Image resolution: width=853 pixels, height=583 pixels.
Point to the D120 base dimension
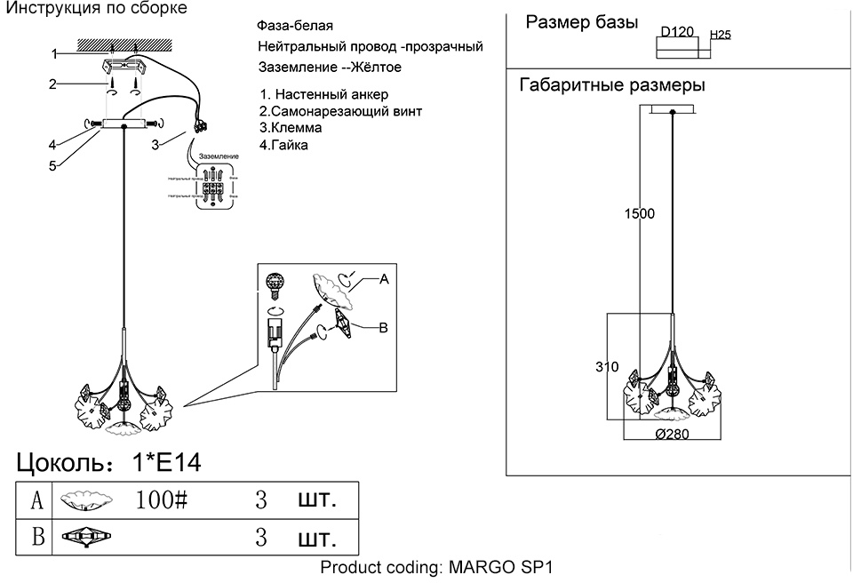pos(676,33)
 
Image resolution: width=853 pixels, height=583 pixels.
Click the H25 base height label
pos(720,36)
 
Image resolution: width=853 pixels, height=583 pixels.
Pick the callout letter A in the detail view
pos(384,279)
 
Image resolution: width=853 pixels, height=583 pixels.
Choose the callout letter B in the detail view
pos(384,328)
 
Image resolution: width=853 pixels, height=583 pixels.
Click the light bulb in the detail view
pos(276,285)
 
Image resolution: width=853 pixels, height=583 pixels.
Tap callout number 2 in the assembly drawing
pos(52,85)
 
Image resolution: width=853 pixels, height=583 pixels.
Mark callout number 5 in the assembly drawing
pos(52,165)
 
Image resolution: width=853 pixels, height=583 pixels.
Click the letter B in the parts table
pos(37,537)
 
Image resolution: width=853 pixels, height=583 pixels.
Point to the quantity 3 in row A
pos(261,499)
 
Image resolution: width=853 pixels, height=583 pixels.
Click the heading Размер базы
pos(582,23)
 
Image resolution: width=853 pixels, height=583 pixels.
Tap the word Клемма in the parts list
pos(292,128)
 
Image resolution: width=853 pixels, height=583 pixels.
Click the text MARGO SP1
pos(502,568)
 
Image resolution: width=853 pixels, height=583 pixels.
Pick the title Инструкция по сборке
pos(96,9)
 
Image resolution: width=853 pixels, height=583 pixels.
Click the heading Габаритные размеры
pos(611,86)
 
